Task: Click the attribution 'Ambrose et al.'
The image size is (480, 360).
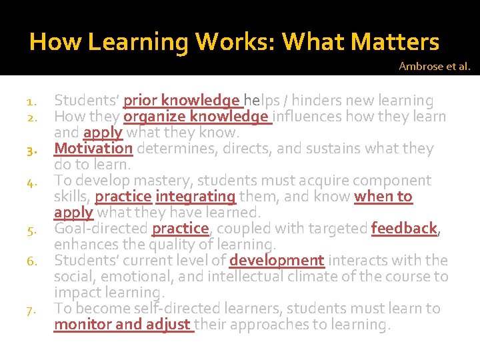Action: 434,66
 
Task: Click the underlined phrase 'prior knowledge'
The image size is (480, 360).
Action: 182,101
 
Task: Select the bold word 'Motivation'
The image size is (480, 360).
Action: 93,148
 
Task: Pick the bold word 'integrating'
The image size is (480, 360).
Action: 195,197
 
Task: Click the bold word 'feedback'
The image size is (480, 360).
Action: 404,228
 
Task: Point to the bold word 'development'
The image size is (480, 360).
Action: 277,260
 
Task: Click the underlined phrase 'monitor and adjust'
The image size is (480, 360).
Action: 123,325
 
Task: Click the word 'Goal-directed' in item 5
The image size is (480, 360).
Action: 101,228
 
